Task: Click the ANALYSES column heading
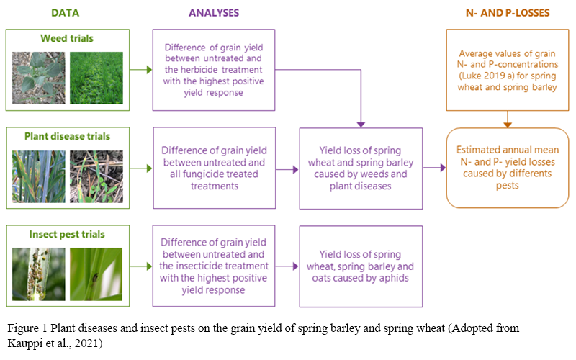point(214,12)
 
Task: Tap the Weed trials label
point(67,39)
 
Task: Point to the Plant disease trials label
point(67,137)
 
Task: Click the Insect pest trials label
point(67,235)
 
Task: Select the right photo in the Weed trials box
point(96,78)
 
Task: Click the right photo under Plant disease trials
point(96,176)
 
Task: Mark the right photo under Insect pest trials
point(96,274)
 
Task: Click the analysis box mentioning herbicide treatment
point(214,70)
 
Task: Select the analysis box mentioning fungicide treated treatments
point(214,170)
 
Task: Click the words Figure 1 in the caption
point(27,328)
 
